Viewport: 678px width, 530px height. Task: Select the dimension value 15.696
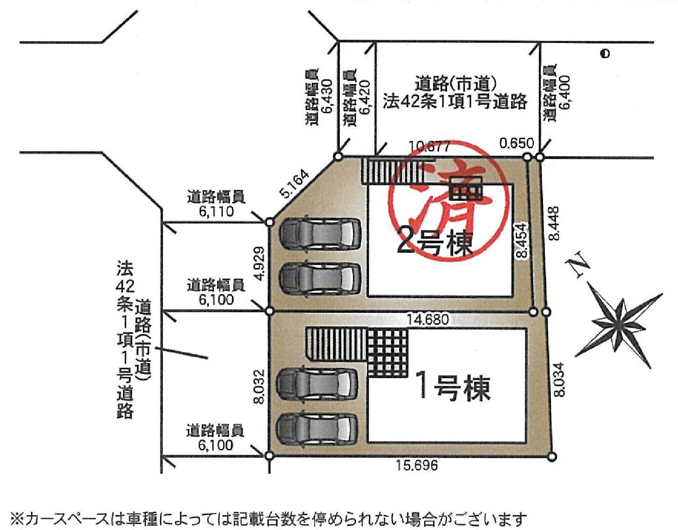point(417,465)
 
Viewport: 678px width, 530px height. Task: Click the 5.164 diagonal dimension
point(295,184)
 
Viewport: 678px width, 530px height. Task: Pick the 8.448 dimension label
point(554,224)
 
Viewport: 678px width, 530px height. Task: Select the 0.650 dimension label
point(517,143)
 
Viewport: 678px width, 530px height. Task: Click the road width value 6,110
point(216,212)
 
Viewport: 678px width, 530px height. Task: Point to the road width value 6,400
point(565,92)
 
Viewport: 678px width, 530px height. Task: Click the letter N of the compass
point(578,265)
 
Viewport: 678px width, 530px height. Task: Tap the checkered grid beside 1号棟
point(388,352)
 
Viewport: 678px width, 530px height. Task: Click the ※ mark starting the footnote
point(17,520)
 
